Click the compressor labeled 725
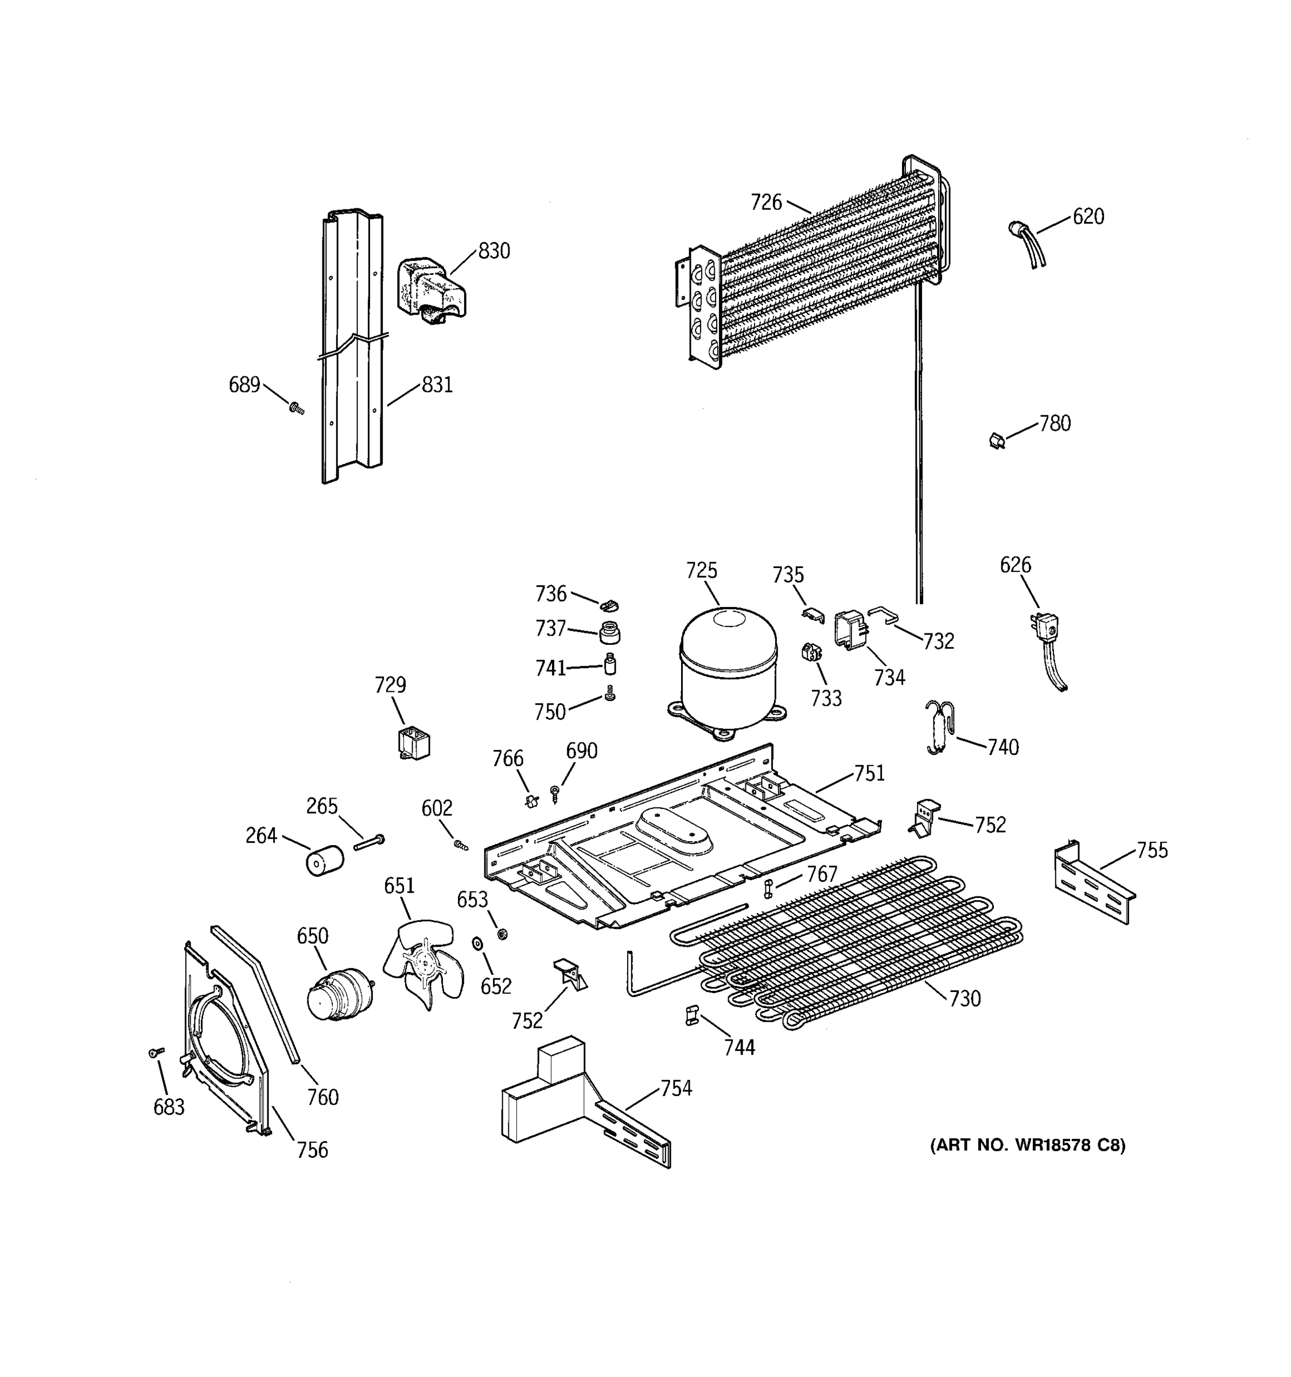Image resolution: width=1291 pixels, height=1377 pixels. click(729, 668)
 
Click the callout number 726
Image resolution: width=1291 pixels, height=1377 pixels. click(766, 203)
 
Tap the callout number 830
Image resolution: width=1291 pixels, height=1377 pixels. click(494, 251)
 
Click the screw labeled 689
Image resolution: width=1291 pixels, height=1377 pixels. click(297, 409)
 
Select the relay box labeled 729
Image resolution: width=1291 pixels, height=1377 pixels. click(414, 742)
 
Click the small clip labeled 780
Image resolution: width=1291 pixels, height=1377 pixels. click(997, 441)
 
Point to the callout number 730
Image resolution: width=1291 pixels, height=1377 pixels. click(965, 998)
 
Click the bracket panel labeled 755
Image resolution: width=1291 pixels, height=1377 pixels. click(1094, 883)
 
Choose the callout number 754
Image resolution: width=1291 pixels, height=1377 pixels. click(675, 1088)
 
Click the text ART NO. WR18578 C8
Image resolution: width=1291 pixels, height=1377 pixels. click(1027, 1145)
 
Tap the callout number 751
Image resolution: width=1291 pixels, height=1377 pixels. click(869, 773)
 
